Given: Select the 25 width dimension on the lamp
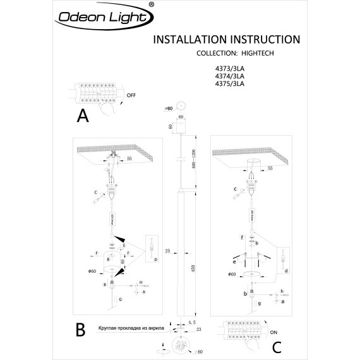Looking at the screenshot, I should (167, 251).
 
